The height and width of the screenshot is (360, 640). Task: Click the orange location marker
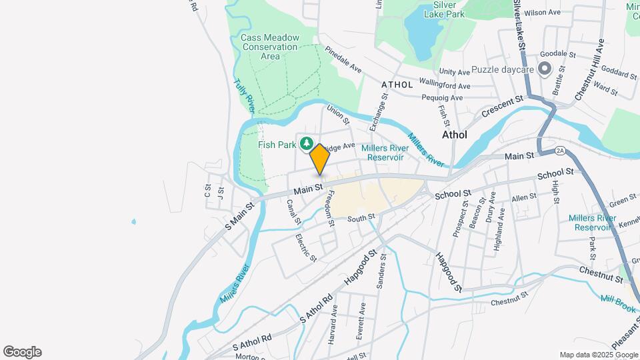[x=320, y=159]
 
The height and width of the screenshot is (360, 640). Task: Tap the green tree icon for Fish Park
[x=307, y=143]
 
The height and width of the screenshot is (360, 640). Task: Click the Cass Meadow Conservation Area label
[x=270, y=47]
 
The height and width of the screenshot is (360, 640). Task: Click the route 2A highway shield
[x=559, y=151]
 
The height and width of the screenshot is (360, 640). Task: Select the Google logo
[x=22, y=351]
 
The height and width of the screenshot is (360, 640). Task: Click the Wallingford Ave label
[x=445, y=85]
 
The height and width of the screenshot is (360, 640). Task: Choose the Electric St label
[x=306, y=247]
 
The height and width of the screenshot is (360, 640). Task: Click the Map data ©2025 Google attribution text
[x=598, y=355]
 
